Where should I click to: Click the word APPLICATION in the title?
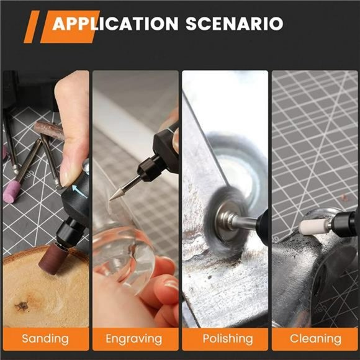(x=115, y=24)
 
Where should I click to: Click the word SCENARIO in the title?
(x=235, y=24)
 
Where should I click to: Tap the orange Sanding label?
(x=45, y=339)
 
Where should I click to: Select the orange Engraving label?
(x=134, y=339)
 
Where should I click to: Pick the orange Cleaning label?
(x=315, y=339)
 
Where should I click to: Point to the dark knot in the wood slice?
(x=23, y=305)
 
